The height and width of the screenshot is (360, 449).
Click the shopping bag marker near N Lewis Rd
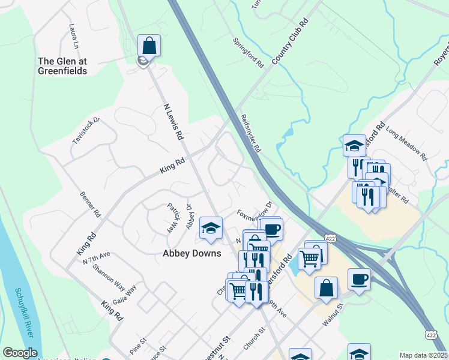(149, 46)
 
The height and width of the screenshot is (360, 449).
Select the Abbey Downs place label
(192, 253)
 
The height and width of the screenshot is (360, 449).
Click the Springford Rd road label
(249, 52)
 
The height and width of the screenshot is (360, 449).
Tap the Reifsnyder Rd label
(252, 133)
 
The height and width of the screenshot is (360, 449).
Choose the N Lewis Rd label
(173, 122)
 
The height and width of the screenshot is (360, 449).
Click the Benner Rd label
(90, 205)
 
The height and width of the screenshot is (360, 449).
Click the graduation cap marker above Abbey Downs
(211, 228)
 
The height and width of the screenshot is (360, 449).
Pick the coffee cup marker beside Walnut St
(359, 280)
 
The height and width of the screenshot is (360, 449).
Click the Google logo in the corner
(20, 353)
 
